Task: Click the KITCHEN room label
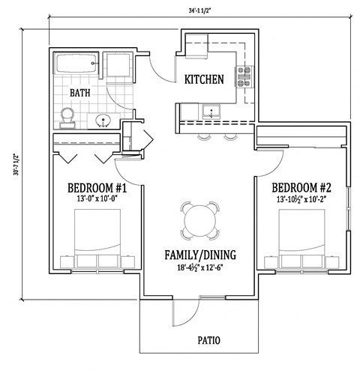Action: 204,79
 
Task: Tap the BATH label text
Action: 81,93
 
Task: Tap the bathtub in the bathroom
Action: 76,65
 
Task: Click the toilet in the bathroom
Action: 67,116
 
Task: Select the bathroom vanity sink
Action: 103,120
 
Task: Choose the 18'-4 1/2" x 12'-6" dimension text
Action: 199,267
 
